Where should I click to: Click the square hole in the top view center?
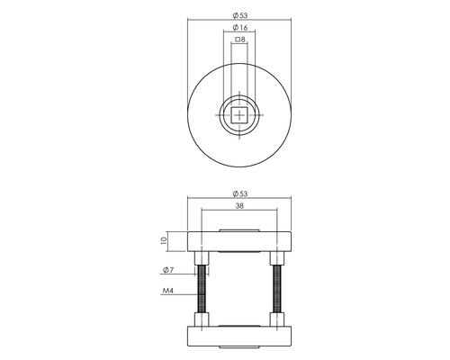(x=239, y=115)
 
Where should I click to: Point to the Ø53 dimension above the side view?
(x=239, y=193)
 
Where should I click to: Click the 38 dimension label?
(x=239, y=205)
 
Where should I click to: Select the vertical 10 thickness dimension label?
(x=163, y=241)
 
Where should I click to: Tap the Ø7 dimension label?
(x=167, y=270)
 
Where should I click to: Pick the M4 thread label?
(x=167, y=290)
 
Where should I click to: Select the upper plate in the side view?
(x=239, y=241)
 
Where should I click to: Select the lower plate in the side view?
(x=239, y=336)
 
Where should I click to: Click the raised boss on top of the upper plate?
(x=239, y=230)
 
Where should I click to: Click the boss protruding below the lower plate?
(x=239, y=347)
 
